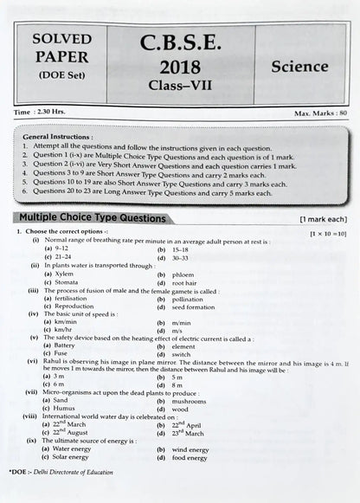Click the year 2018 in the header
pyautogui.click(x=180, y=68)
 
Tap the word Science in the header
pyautogui.click(x=299, y=66)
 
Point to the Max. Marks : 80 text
pyautogui.click(x=319, y=113)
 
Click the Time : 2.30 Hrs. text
pyautogui.click(x=39, y=113)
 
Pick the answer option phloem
pyautogui.click(x=184, y=274)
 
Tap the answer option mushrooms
pyautogui.click(x=190, y=401)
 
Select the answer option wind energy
pyautogui.click(x=190, y=449)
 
